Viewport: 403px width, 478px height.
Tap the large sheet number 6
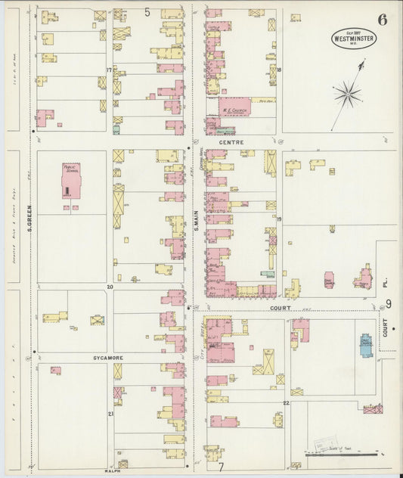[x=383, y=19]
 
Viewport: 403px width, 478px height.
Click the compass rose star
[x=347, y=95]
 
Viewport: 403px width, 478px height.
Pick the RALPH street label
[x=113, y=470]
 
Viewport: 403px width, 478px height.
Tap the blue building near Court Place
[x=366, y=345]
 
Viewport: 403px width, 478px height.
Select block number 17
[x=109, y=70]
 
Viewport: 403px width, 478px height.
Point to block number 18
[x=279, y=70]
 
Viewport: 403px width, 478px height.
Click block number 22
[x=286, y=403]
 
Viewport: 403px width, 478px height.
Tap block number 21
[x=110, y=414]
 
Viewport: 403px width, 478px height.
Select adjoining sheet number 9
[x=388, y=304]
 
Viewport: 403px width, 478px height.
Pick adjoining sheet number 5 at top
[x=147, y=11]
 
